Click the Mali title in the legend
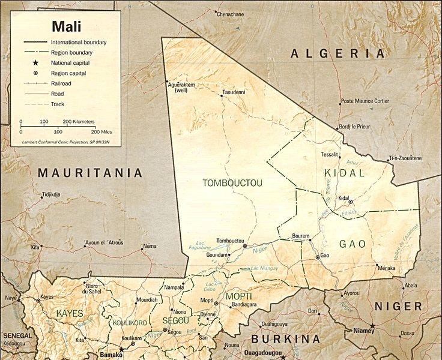pos(66,26)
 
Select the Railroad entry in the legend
pos(61,83)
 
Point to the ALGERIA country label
pos(338,54)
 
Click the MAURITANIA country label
pos(90,173)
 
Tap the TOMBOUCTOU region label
pos(233,182)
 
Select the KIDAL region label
pos(344,173)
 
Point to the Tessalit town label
pos(330,154)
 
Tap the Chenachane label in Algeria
pos(231,13)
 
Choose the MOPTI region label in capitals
pos(238,297)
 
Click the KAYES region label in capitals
pos(70,313)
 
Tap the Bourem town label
pos(300,235)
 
